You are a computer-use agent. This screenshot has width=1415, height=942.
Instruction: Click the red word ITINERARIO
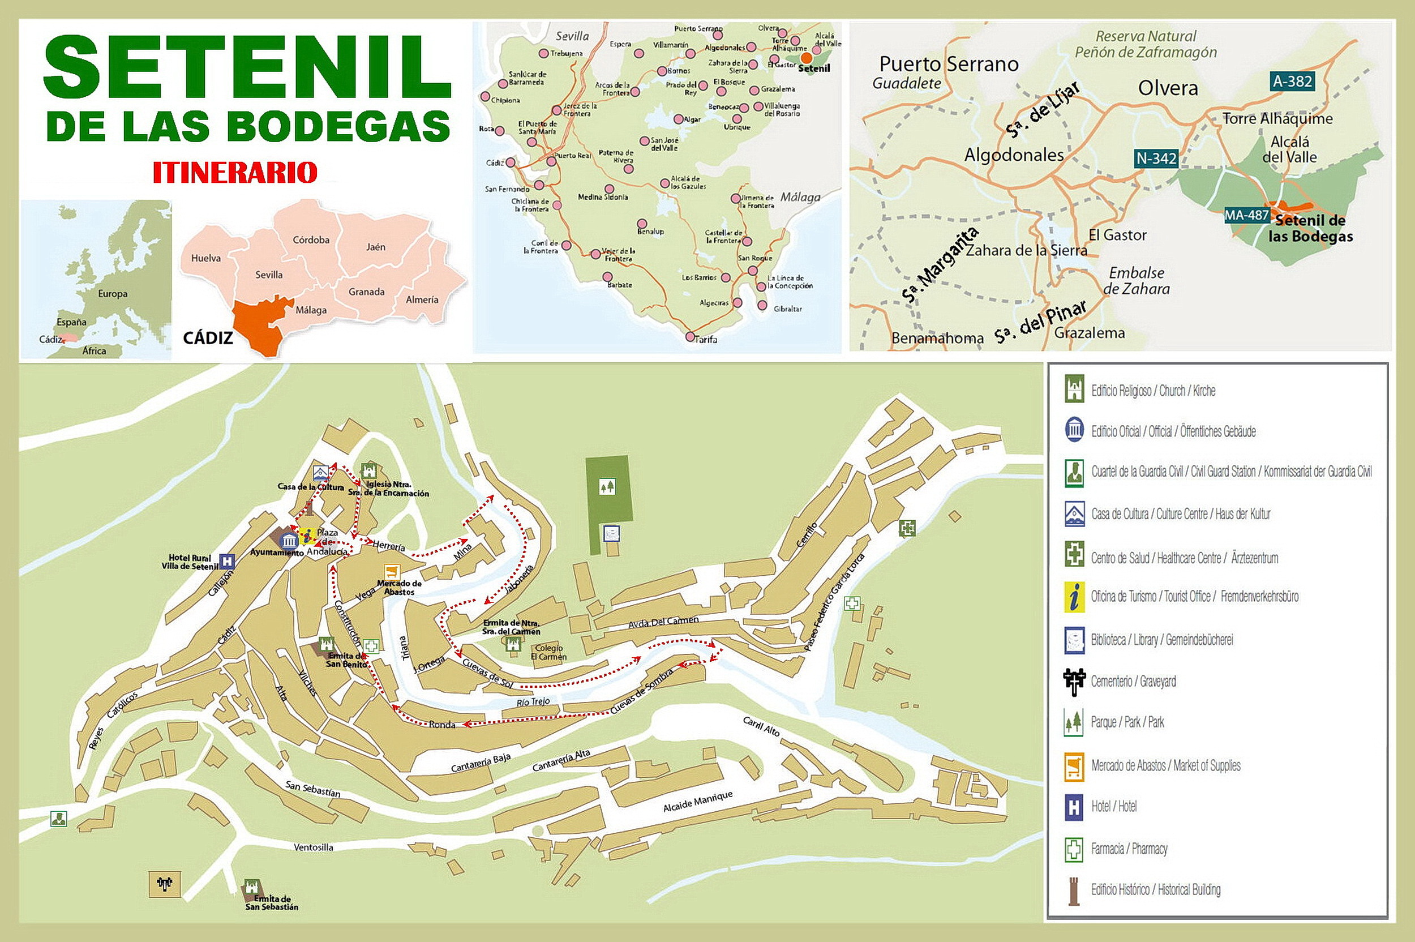pyautogui.click(x=234, y=173)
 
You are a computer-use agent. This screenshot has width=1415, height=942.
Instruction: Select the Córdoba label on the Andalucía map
pyautogui.click(x=311, y=239)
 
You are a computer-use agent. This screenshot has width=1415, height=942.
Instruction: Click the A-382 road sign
pyautogui.click(x=1292, y=81)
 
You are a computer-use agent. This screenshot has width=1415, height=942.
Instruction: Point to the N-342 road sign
pyautogui.click(x=1156, y=159)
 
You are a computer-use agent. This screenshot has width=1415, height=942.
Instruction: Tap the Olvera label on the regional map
pyautogui.click(x=1168, y=89)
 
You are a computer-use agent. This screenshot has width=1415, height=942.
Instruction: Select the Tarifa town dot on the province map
pyautogui.click(x=690, y=336)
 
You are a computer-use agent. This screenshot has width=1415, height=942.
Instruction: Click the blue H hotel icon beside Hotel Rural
pyautogui.click(x=227, y=561)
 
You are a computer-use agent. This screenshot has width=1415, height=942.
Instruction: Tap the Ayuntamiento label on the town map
pyautogui.click(x=276, y=552)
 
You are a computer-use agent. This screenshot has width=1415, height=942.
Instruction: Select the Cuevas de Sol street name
pyautogui.click(x=488, y=674)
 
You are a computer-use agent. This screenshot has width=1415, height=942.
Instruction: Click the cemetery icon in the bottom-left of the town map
pyautogui.click(x=164, y=883)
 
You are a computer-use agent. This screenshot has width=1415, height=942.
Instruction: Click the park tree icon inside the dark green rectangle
pyautogui.click(x=607, y=486)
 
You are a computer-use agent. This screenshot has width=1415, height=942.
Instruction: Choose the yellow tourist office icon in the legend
pyautogui.click(x=1074, y=597)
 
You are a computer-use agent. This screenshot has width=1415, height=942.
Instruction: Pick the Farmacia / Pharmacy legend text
pyautogui.click(x=1129, y=849)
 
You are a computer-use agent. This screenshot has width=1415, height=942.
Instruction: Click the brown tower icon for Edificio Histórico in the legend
pyautogui.click(x=1073, y=890)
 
